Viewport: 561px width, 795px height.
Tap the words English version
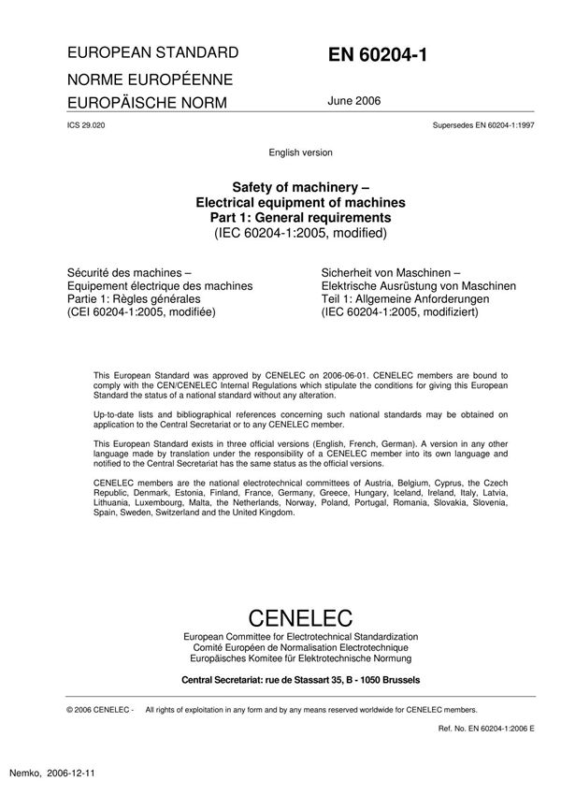300,152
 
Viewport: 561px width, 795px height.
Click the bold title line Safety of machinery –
300,186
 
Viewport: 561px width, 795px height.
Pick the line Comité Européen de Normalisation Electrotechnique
300,646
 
